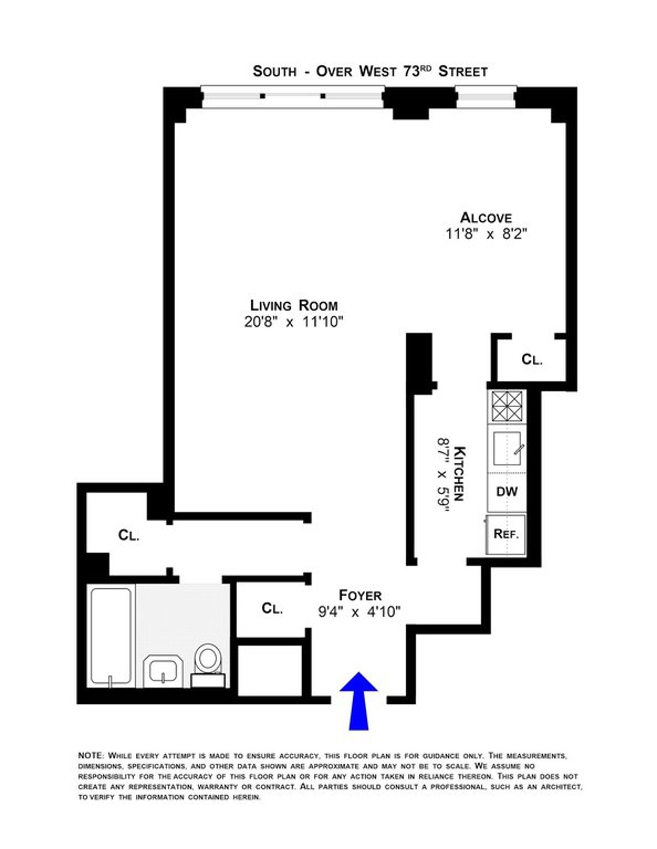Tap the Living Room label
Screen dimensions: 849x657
(293, 305)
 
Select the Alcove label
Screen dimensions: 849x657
(486, 217)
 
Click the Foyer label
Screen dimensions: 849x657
(360, 595)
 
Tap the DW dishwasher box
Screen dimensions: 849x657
(506, 492)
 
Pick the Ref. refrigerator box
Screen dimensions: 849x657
(506, 534)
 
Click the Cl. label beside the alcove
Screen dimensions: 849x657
(532, 360)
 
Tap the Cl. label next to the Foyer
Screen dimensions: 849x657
(272, 608)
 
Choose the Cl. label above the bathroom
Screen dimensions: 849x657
(129, 535)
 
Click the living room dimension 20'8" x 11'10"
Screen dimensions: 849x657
(293, 322)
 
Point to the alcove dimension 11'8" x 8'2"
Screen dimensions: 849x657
(486, 234)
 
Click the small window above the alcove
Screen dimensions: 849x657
(486, 97)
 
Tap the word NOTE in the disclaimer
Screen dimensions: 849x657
(91, 755)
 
